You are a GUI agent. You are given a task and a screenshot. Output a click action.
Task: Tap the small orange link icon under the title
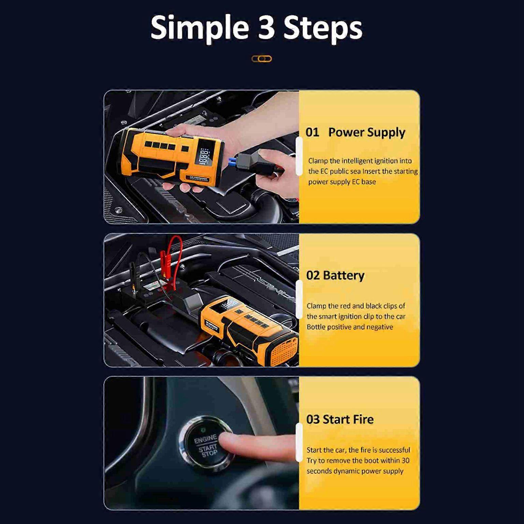pyautogui.click(x=262, y=59)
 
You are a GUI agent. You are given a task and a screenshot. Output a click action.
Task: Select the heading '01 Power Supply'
pyautogui.click(x=355, y=132)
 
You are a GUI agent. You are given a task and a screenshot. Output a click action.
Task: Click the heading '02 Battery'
pyautogui.click(x=335, y=275)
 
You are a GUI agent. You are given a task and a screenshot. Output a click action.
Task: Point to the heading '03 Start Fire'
pyautogui.click(x=340, y=419)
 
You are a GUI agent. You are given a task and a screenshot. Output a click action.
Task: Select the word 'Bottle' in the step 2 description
pyautogui.click(x=316, y=327)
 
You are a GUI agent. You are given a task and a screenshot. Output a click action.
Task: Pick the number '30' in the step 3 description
pyautogui.click(x=405, y=461)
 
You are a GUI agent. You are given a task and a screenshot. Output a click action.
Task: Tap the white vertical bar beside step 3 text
pyautogui.click(x=299, y=442)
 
